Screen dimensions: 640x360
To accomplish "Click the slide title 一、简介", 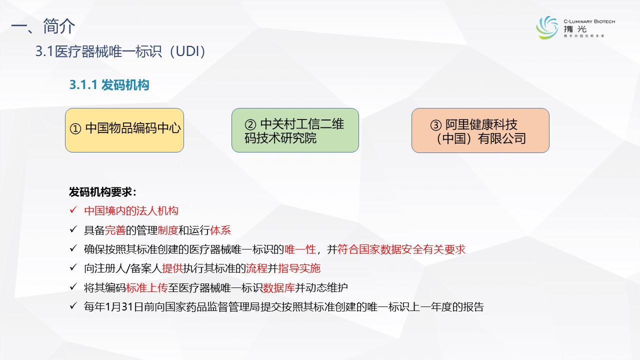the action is pyautogui.click(x=43, y=26).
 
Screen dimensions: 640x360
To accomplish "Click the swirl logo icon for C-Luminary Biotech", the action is pyautogui.click(x=547, y=27).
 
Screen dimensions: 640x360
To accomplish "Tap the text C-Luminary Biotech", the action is pyautogui.click(x=589, y=21).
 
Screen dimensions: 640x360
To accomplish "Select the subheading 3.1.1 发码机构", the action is pyautogui.click(x=109, y=85).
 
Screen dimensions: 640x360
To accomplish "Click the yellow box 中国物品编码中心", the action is pyautogui.click(x=124, y=130).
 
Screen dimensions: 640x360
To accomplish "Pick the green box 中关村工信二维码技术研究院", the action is pyautogui.click(x=295, y=130).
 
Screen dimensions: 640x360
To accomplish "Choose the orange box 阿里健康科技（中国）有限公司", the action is pyautogui.click(x=480, y=130).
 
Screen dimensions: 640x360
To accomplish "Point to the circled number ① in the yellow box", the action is pyautogui.click(x=75, y=128).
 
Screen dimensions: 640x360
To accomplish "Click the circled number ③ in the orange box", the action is pyautogui.click(x=436, y=125).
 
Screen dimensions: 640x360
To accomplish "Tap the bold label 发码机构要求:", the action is pyautogui.click(x=103, y=192).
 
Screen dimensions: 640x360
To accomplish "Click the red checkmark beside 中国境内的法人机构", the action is pyautogui.click(x=73, y=210).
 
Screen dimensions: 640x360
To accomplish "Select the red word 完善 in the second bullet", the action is pyautogui.click(x=115, y=230).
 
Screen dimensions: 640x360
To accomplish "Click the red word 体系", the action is pyautogui.click(x=220, y=230).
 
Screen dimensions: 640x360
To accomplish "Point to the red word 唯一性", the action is pyautogui.click(x=300, y=249).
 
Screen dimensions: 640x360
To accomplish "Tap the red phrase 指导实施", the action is pyautogui.click(x=299, y=268).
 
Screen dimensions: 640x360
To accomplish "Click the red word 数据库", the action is pyautogui.click(x=278, y=287).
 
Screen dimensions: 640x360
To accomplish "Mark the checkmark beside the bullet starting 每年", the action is pyautogui.click(x=73, y=306).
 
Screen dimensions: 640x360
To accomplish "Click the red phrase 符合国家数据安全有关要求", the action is pyautogui.click(x=401, y=249).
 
